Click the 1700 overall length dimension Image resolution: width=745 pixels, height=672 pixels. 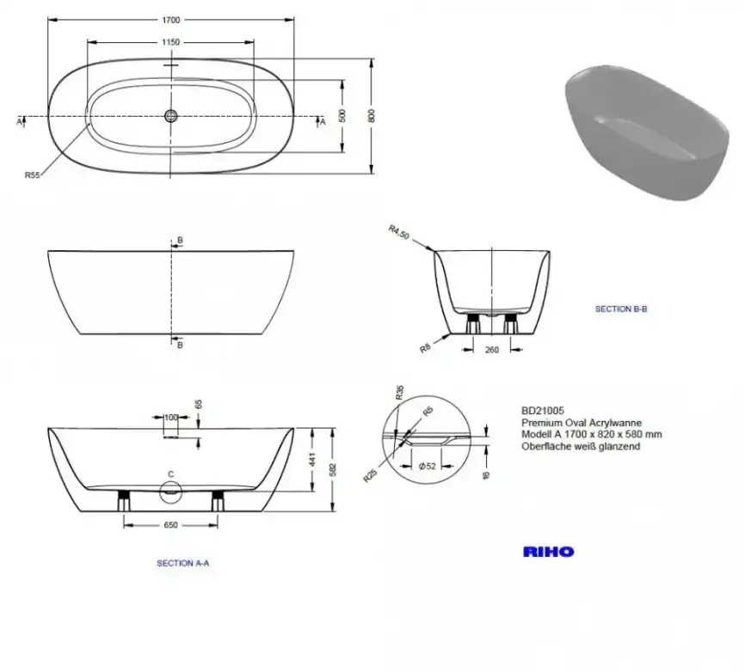click(x=171, y=20)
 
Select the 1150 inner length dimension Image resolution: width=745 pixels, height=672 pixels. click(x=170, y=42)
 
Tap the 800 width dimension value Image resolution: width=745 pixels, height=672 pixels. click(x=372, y=116)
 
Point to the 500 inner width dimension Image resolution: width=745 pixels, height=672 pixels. click(x=342, y=115)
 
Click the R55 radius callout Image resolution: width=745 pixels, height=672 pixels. click(x=33, y=175)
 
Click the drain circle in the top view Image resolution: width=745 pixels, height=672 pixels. click(x=170, y=115)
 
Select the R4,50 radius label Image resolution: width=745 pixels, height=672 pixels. click(x=399, y=232)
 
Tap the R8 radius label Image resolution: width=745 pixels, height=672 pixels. click(x=425, y=348)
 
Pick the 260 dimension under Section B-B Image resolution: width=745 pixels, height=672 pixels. click(x=492, y=350)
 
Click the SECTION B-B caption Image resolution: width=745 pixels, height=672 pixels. click(x=621, y=309)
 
